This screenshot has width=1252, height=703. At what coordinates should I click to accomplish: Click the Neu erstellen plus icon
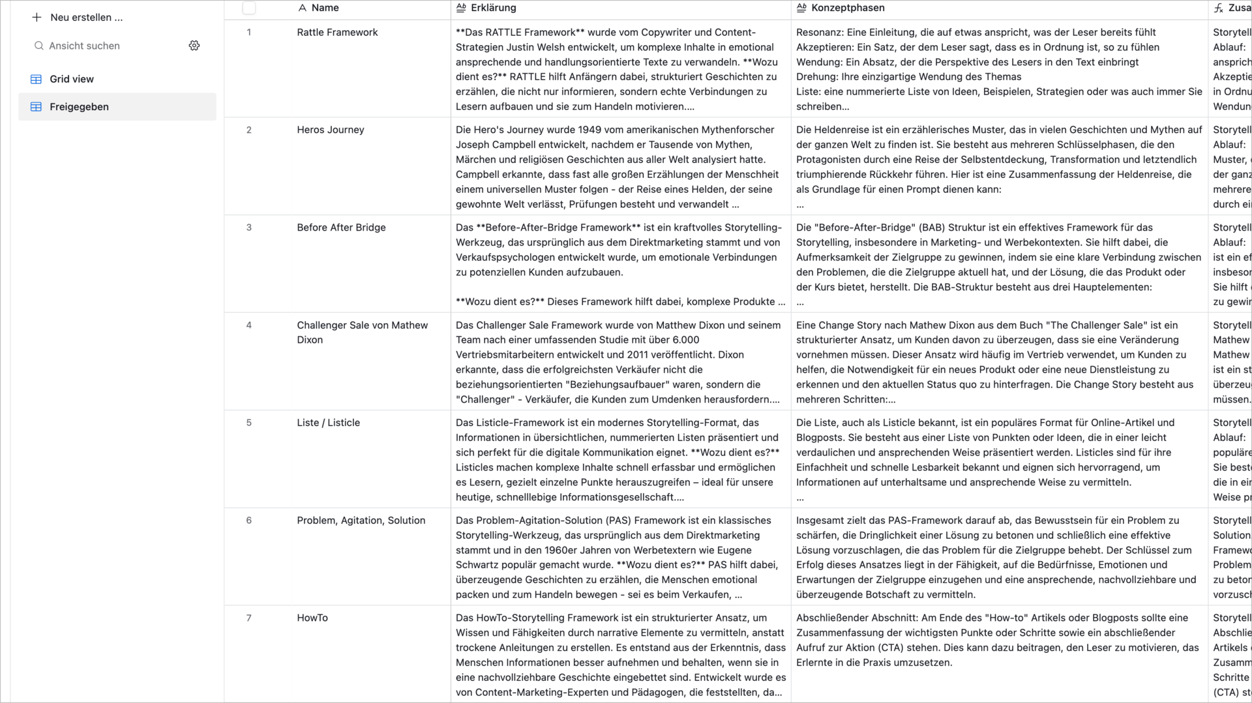(37, 18)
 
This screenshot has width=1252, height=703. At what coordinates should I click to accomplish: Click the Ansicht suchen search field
(85, 46)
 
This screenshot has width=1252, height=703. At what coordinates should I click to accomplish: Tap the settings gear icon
(194, 46)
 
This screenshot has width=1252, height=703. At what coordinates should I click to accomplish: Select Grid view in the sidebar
(72, 79)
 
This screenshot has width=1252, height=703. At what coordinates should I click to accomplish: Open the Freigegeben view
(79, 107)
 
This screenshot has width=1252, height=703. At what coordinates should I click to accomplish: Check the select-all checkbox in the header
(249, 8)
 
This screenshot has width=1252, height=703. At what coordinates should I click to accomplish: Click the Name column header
(325, 8)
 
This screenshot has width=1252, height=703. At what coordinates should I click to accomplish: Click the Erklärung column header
(493, 8)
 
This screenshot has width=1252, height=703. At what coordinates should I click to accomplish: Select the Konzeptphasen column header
(848, 8)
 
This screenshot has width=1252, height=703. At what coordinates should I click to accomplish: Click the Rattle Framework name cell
(337, 33)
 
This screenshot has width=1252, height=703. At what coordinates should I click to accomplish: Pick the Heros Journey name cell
(331, 130)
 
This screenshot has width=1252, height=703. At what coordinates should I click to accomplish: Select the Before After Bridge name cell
(341, 227)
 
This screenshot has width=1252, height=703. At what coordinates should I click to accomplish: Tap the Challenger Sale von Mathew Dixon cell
(362, 332)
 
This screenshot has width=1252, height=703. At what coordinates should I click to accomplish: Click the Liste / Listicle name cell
(328, 423)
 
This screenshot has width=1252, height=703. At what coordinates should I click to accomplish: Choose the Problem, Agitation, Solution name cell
(361, 521)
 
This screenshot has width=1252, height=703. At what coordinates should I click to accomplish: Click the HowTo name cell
(312, 618)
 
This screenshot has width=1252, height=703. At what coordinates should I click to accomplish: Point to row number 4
(249, 325)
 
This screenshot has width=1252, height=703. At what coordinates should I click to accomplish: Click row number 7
(249, 618)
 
